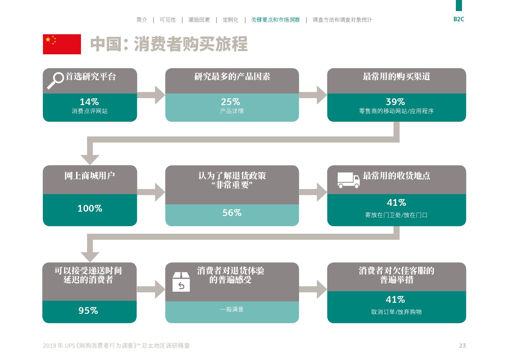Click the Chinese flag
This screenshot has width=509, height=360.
point(62,44)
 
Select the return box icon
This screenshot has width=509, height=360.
point(181,282)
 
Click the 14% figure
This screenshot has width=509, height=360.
point(89,102)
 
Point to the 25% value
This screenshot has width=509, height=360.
point(231,102)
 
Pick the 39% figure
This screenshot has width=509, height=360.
point(395,102)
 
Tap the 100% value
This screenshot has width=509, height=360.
point(90,208)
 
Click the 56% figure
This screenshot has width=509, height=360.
point(232,213)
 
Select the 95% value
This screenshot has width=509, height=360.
point(88,311)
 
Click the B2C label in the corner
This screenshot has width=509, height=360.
point(459,19)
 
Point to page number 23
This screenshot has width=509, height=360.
point(462,345)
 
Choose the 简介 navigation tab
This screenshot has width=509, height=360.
point(142,20)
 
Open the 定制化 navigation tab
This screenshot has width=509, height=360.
point(231,20)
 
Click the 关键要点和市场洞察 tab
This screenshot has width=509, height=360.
point(275,20)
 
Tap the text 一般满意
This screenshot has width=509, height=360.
point(232,309)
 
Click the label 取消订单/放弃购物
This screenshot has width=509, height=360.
point(396,312)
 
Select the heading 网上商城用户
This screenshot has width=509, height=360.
point(90,176)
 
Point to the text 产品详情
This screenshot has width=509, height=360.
point(232,111)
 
